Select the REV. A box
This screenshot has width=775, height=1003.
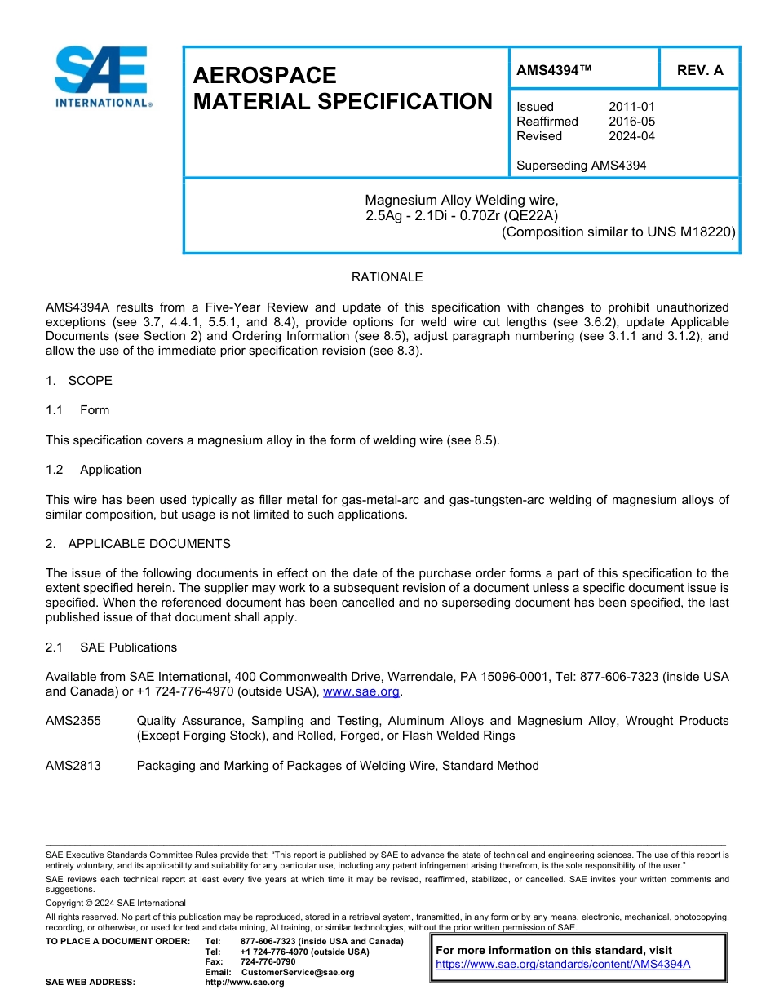700,70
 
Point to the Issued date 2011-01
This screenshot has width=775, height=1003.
631,107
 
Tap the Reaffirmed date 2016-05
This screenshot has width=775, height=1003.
631,122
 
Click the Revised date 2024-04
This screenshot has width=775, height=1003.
631,136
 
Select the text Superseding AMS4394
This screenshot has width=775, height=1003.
581,166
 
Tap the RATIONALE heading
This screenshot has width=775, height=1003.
387,277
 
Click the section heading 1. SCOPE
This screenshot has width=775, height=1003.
79,381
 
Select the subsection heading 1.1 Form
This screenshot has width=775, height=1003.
78,410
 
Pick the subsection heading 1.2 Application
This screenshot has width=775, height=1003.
94,470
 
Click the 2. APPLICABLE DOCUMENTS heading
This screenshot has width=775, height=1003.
138,544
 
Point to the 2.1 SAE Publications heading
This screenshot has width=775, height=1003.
112,647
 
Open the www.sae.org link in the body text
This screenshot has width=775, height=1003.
361,691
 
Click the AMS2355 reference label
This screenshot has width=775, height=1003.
73,721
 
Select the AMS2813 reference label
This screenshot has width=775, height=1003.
73,766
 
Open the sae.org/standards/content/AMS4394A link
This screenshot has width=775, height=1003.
563,964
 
